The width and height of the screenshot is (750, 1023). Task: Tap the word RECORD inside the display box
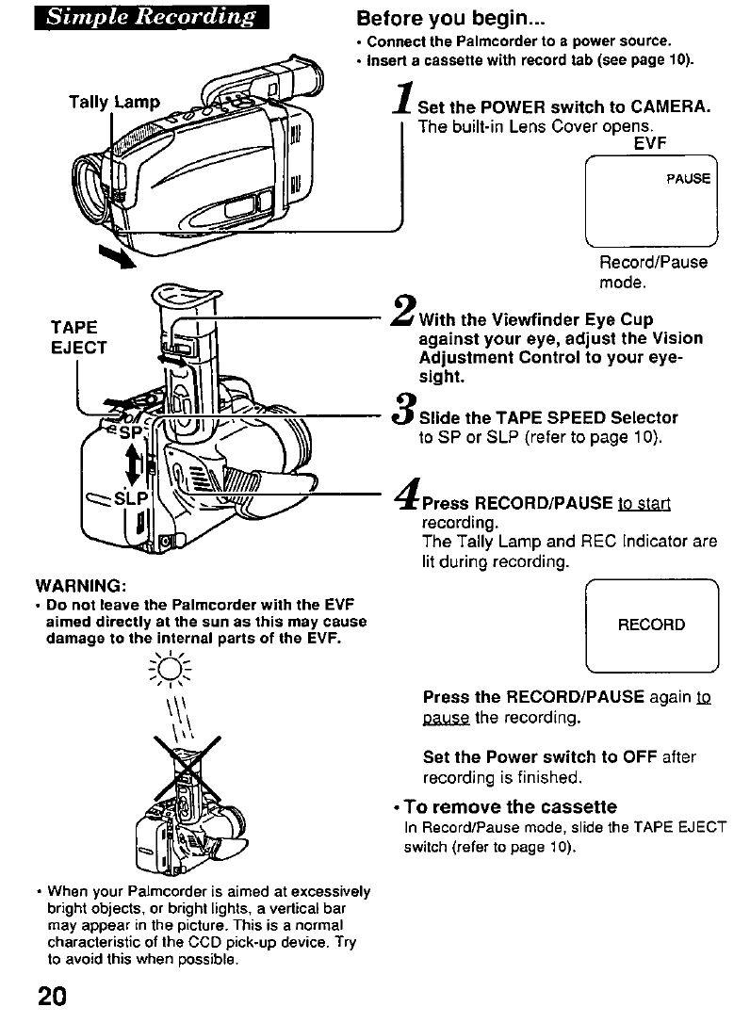click(651, 625)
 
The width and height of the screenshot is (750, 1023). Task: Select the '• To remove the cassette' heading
click(504, 807)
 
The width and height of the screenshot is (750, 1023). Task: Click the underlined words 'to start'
click(643, 504)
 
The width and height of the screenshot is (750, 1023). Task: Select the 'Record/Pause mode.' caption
click(653, 272)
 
